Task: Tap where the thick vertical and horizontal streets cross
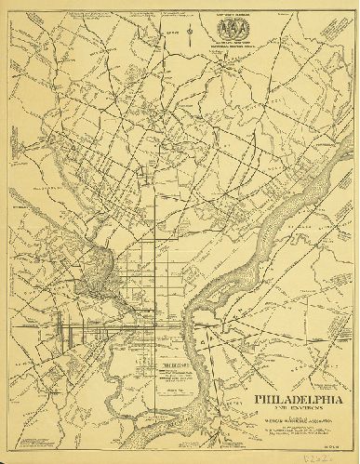coord(147,327)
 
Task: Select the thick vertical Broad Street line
coord(147,251)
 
